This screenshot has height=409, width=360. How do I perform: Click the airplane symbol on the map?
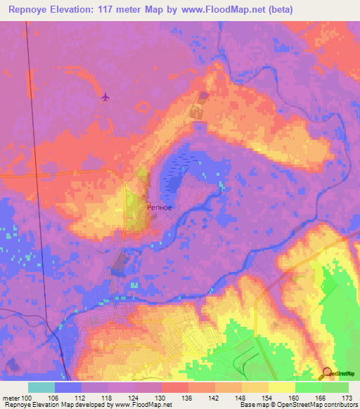(x=105, y=96)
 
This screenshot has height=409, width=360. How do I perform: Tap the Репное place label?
(x=160, y=208)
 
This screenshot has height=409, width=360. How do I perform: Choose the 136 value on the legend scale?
(x=188, y=397)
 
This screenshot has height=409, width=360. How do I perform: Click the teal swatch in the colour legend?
(x=41, y=387)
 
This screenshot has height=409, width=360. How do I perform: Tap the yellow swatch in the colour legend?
(x=282, y=387)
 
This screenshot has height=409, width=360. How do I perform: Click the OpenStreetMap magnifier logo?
(x=327, y=373)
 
